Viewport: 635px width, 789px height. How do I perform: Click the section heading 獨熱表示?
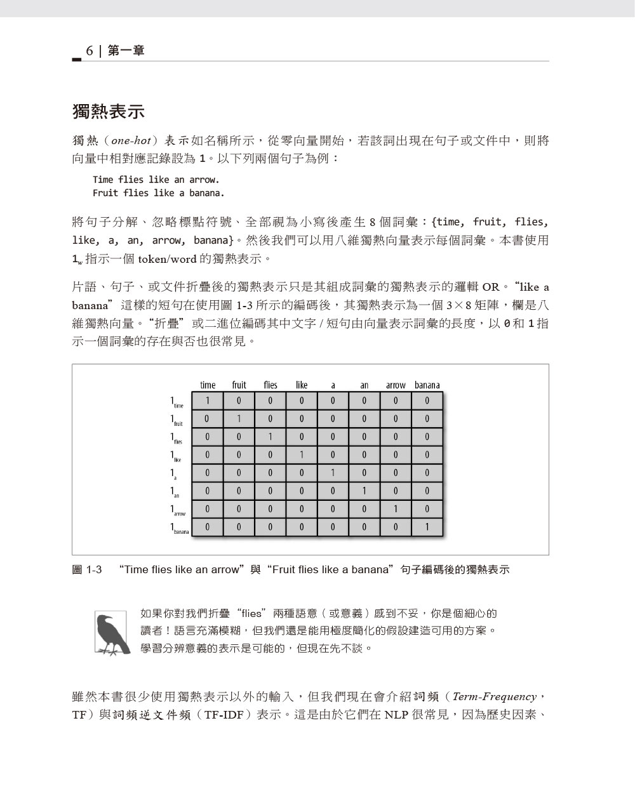(109, 112)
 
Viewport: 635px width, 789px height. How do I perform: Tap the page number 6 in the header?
(90, 51)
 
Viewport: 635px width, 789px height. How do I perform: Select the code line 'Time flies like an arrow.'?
(156, 180)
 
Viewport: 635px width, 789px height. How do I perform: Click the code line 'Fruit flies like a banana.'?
(158, 193)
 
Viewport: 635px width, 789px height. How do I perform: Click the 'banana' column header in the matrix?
(427, 385)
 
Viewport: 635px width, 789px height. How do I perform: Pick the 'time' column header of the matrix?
(208, 385)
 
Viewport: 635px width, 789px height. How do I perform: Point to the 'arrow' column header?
(396, 385)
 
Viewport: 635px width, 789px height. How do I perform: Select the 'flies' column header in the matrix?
(271, 385)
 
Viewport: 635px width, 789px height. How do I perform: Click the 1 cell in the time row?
(207, 401)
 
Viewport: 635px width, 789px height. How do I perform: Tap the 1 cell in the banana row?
(427, 527)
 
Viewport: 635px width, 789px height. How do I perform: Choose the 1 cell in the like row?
(302, 454)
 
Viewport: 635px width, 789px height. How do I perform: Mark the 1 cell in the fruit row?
(239, 418)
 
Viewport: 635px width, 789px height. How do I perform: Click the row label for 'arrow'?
(177, 510)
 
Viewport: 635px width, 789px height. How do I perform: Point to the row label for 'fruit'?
(176, 420)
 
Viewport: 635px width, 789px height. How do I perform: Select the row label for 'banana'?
(179, 529)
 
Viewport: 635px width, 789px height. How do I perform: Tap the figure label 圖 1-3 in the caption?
(87, 569)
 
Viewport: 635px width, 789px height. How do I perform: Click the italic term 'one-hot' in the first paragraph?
(130, 141)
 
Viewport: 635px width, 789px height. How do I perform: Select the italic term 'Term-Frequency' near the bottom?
(495, 697)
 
